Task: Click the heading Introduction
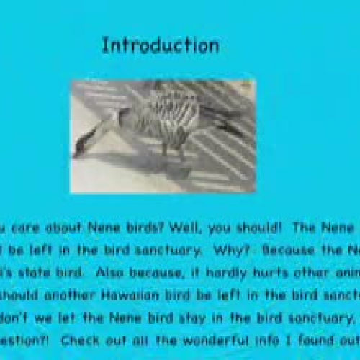pyautogui.click(x=160, y=45)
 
